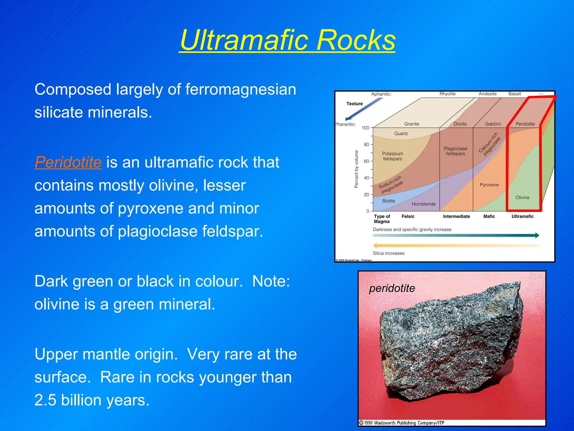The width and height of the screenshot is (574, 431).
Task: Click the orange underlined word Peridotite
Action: [68, 162]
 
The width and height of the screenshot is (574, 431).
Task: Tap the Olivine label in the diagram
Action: [522, 198]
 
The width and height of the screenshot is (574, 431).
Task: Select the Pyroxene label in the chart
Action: [489, 185]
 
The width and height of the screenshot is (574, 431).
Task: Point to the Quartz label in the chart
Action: [401, 134]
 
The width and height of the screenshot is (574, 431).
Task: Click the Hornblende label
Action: [423, 204]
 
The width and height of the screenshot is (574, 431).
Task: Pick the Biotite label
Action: [388, 201]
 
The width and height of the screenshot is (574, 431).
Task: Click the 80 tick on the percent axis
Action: [366, 145]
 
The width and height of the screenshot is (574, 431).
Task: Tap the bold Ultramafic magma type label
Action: [522, 216]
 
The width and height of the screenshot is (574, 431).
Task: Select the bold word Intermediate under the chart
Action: [456, 216]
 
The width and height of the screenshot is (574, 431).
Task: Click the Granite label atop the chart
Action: [411, 124]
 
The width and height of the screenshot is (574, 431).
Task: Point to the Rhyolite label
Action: [447, 94]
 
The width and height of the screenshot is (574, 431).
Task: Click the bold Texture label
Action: [355, 104]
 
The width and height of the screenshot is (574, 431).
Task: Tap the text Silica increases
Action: [388, 253]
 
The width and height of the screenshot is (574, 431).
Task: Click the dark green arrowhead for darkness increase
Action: [536, 235]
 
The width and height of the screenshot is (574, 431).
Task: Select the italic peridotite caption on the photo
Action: [392, 288]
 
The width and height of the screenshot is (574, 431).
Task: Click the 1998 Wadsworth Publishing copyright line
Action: [402, 423]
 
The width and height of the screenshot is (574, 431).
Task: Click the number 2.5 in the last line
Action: [45, 400]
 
